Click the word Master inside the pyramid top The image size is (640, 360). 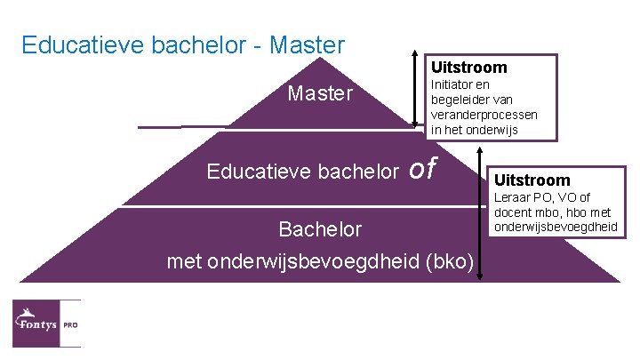(x=320, y=93)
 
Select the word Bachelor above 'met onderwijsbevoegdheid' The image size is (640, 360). (x=320, y=229)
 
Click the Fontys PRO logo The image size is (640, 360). (x=46, y=324)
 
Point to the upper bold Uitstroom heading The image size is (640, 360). (x=469, y=68)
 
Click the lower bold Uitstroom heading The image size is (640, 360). (x=532, y=180)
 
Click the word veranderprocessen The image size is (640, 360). (x=484, y=116)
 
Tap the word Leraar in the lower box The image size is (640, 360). (x=514, y=198)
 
